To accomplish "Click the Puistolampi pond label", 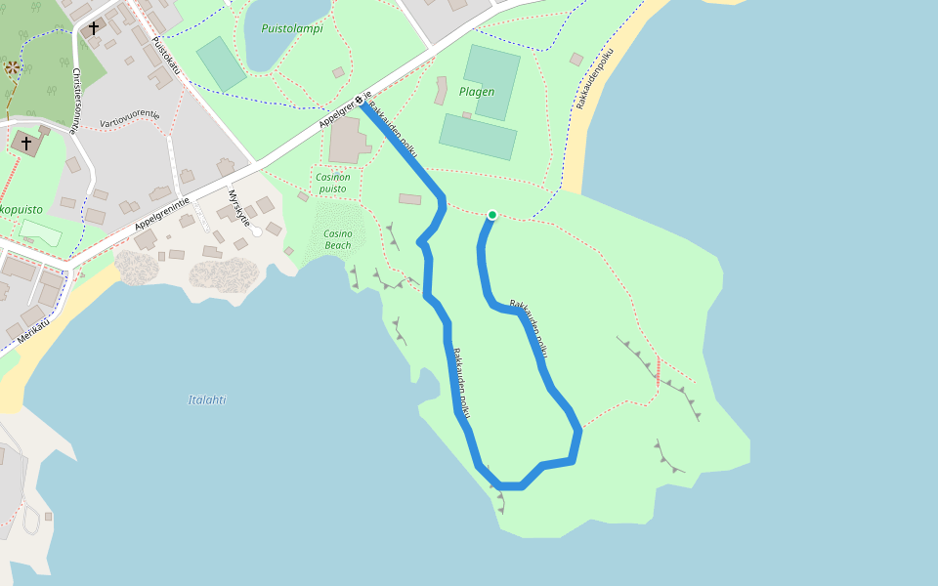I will click(x=291, y=28).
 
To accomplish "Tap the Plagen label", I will click(x=477, y=92).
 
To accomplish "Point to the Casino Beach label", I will click(x=337, y=239).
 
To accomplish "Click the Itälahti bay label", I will click(x=207, y=399).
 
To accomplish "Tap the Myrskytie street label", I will click(x=239, y=209).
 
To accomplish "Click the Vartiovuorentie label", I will click(x=129, y=119).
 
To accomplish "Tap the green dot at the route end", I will click(x=492, y=215).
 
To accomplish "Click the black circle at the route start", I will click(x=360, y=100).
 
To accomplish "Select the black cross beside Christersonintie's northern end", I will click(x=94, y=28).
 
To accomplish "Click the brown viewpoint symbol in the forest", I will click(x=12, y=68).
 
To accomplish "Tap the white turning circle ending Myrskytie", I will click(x=257, y=231).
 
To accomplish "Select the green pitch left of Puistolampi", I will click(x=222, y=63).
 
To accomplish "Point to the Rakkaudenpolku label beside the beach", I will click(x=594, y=78).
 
